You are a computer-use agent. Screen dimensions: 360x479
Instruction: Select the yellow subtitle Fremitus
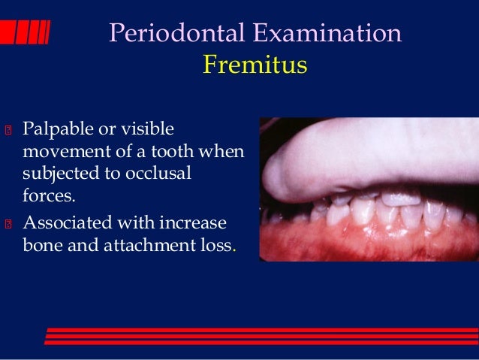(x=255, y=65)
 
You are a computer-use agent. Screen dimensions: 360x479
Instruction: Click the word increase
(x=197, y=223)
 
